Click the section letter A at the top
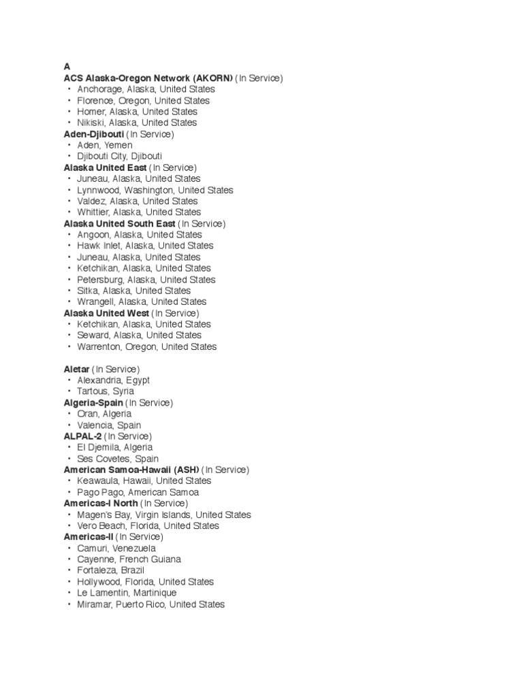coord(67,67)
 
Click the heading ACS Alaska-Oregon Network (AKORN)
coord(148,78)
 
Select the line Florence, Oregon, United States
coord(143,101)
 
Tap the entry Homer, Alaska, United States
coord(137,112)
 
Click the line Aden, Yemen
coord(105,145)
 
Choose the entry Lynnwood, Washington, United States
coord(155,190)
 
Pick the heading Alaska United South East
coord(119,223)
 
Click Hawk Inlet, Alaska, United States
coord(145,246)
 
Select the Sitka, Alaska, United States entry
coord(133,291)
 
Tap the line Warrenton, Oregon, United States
coord(146,346)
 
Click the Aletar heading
coord(76,369)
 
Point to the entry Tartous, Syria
coord(106,391)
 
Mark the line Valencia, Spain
coord(109,425)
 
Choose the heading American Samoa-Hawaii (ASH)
coord(131,470)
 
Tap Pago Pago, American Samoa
coord(138,492)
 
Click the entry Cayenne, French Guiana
coord(129,560)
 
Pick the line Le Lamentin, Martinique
coord(127,593)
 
